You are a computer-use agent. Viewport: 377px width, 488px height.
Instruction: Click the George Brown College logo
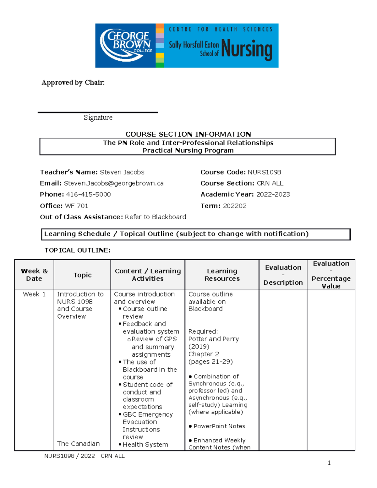coord(126,45)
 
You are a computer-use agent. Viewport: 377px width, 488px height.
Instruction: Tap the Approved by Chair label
coord(73,83)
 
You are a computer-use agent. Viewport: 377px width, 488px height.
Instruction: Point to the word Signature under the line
coord(98,118)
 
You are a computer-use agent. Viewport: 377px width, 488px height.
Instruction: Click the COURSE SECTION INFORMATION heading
coord(188,134)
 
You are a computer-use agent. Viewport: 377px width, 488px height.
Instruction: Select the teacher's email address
coord(114,183)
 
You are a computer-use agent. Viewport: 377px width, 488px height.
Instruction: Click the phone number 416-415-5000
coord(88,195)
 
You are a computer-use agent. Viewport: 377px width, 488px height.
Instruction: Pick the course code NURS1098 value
coord(264,172)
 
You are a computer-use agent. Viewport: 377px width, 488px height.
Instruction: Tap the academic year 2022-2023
coord(273,195)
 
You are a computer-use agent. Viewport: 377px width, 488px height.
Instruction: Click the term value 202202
coord(235,206)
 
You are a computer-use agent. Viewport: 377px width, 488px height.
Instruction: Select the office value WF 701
coord(76,206)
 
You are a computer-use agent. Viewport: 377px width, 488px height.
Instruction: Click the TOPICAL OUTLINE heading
coord(78,250)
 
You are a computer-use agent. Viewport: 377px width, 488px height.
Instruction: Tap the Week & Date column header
coord(34,275)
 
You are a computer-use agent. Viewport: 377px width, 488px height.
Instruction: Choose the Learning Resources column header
coord(222,275)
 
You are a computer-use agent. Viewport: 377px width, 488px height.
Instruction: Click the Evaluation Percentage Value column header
coord(331,275)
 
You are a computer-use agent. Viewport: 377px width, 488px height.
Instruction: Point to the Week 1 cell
coord(34,294)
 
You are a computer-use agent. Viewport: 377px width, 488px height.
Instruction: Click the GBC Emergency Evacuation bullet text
coord(147,422)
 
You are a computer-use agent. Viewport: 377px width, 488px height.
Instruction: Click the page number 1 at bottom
coord(329,463)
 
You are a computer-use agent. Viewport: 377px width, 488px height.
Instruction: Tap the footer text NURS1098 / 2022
coord(69,456)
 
